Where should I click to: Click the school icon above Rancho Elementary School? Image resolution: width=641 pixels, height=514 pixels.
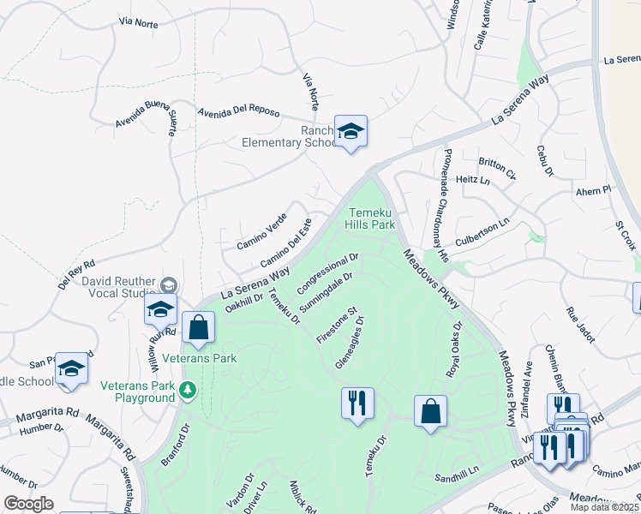tap(350, 132)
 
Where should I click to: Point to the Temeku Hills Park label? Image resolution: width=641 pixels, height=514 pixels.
tap(371, 218)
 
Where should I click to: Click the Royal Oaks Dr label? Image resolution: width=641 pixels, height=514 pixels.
tap(453, 350)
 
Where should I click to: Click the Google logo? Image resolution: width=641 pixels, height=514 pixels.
tap(28, 504)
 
